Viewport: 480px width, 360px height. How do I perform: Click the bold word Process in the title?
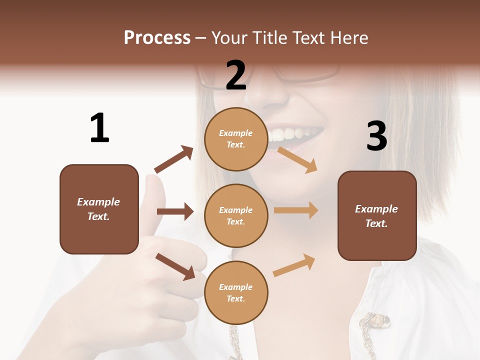coord(157,38)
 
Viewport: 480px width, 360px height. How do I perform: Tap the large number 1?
coord(99,128)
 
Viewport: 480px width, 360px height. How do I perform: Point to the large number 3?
coord(376,136)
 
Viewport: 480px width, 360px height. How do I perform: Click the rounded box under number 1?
coord(99,209)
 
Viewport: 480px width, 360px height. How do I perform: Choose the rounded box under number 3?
coord(377,215)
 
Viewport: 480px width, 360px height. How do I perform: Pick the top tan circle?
coord(236,139)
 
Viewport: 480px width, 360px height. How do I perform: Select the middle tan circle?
coord(236,215)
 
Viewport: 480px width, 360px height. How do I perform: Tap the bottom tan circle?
coord(236,292)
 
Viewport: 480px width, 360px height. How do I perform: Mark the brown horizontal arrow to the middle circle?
coord(175,211)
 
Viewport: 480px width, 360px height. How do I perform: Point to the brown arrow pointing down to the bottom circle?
coord(175,266)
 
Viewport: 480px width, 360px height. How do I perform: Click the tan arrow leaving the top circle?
coord(297,159)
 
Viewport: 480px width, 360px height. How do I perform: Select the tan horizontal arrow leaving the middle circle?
coord(296,210)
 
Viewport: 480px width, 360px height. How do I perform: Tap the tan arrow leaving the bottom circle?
coord(294,265)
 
